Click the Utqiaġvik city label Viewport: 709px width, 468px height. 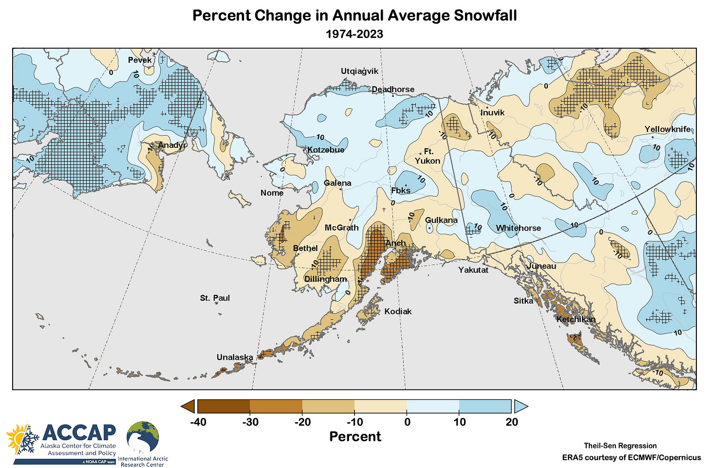pyautogui.click(x=359, y=72)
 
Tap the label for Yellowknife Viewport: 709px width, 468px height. pyautogui.click(x=668, y=129)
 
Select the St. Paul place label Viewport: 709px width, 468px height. pyautogui.click(x=215, y=298)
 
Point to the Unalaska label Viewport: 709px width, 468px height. pyautogui.click(x=235, y=357)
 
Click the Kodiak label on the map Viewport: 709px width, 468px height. pyautogui.click(x=398, y=311)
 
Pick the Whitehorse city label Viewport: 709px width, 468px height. pyautogui.click(x=518, y=228)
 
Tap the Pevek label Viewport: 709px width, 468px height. pyautogui.click(x=140, y=60)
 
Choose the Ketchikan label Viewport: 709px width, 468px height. pyautogui.click(x=576, y=319)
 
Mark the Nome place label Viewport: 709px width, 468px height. pyautogui.click(x=272, y=193)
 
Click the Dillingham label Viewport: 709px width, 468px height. pyautogui.click(x=326, y=279)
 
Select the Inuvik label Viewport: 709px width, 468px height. pyautogui.click(x=492, y=112)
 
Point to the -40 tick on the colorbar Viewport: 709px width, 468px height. pyautogui.click(x=198, y=422)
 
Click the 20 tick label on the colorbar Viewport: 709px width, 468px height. pyautogui.click(x=511, y=422)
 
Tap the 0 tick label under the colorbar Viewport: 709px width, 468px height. pyautogui.click(x=407, y=422)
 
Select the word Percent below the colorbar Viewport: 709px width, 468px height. pyautogui.click(x=355, y=436)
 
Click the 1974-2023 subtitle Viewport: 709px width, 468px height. pyautogui.click(x=354, y=34)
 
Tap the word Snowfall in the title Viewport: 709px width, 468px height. pyautogui.click(x=485, y=15)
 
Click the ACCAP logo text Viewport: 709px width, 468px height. pyautogui.click(x=79, y=432)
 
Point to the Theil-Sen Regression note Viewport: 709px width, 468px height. pyautogui.click(x=620, y=446)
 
